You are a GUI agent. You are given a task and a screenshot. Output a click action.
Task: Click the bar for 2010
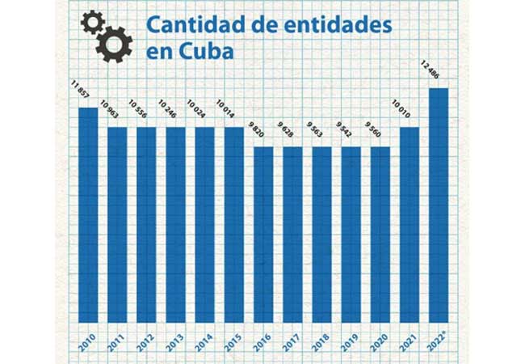coord(88,214)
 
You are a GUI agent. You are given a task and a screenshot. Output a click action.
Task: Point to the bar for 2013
coord(176,224)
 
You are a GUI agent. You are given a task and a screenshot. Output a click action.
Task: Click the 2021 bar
coord(409,224)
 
